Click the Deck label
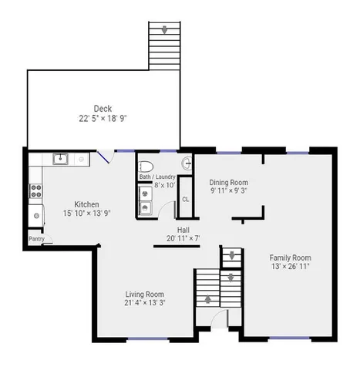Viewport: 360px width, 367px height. click(103, 109)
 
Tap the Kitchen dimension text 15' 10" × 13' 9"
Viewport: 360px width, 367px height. click(87, 213)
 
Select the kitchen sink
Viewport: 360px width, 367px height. click(60, 159)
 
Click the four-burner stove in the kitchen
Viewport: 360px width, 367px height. click(36, 191)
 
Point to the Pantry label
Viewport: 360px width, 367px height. click(36, 239)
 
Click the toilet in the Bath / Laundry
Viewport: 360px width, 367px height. click(146, 167)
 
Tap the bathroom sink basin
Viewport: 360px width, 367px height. click(187, 163)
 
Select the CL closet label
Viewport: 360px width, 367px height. click(186, 200)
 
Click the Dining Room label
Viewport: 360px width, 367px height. click(229, 183)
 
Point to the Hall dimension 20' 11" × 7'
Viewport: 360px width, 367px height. click(183, 238)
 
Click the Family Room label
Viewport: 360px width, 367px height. click(291, 258)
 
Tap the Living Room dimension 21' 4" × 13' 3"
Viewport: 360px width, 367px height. click(145, 303)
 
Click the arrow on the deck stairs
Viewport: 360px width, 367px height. click(164, 30)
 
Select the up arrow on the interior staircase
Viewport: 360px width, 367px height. click(208, 299)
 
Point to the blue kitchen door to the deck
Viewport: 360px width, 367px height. click(103, 157)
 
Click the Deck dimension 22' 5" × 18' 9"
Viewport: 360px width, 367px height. click(103, 119)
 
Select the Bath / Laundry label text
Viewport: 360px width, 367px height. click(157, 177)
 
